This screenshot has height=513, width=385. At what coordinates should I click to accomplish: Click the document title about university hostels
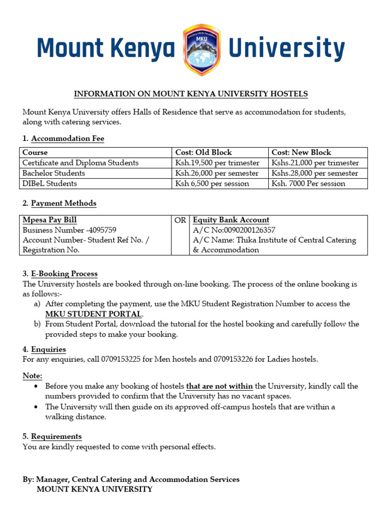pyautogui.click(x=191, y=94)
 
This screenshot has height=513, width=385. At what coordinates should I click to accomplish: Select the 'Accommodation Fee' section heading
pyautogui.click(x=67, y=138)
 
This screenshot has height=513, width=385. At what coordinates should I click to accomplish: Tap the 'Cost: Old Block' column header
pyautogui.click(x=204, y=152)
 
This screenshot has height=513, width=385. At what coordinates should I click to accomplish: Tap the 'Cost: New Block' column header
pyautogui.click(x=301, y=152)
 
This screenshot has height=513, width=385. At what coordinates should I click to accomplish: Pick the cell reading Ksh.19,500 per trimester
pyautogui.click(x=217, y=163)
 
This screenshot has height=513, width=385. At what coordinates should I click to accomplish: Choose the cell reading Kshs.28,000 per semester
pyautogui.click(x=315, y=173)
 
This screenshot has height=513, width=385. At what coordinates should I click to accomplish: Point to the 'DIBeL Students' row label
pyautogui.click(x=50, y=183)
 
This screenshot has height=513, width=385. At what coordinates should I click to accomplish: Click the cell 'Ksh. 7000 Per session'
pyautogui.click(x=308, y=183)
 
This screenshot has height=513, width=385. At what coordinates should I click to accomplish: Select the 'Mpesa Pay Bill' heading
pyautogui.click(x=50, y=220)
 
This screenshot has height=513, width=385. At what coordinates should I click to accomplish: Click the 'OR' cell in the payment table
pyautogui.click(x=180, y=220)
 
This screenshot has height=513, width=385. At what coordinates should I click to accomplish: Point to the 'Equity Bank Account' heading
pyautogui.click(x=231, y=220)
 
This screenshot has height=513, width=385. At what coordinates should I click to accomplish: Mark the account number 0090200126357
pyautogui.click(x=244, y=230)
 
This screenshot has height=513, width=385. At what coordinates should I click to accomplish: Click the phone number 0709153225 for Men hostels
pyautogui.click(x=121, y=359)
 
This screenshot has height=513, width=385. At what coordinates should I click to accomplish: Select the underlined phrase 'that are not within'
pyautogui.click(x=220, y=386)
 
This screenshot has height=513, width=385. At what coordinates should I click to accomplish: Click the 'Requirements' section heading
pyautogui.click(x=56, y=436)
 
